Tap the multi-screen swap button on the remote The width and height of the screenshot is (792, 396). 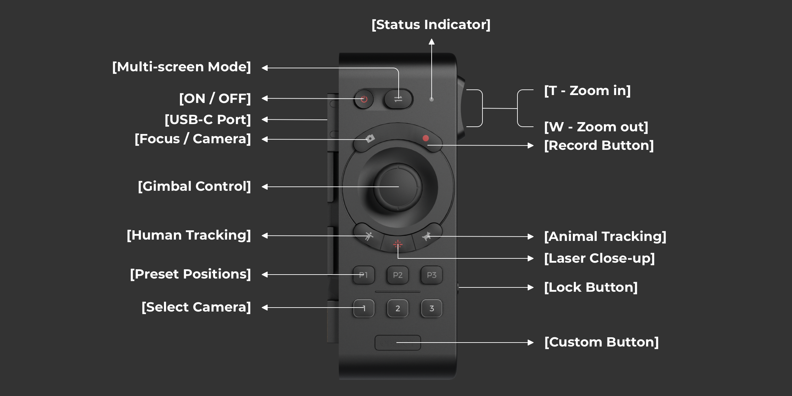coord(398,99)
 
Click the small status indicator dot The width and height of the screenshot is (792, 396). coord(431,99)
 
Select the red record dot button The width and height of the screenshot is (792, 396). coord(426,138)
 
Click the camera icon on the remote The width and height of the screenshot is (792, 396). coord(370,138)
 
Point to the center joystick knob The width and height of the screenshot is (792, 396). coord(398,187)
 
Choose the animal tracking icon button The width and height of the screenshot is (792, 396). coord(427,236)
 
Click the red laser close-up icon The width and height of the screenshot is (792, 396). coord(398,244)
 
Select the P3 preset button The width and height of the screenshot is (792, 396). coord(432,275)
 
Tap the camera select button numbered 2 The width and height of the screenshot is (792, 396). coord(398,308)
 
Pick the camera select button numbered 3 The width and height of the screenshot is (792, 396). coord(432,308)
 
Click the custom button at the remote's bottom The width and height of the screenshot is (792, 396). coord(398,343)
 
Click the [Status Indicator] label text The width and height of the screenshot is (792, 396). coord(431,25)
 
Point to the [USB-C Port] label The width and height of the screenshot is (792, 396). coord(208,119)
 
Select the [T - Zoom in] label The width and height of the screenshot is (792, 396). coord(587,91)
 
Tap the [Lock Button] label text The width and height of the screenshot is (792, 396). coord(591,287)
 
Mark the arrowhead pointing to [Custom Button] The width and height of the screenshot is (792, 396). coord(531,343)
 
